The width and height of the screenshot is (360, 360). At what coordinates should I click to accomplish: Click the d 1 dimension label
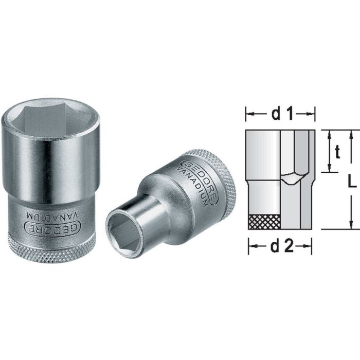(280, 114)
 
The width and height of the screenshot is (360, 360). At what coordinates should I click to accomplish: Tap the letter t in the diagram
(337, 152)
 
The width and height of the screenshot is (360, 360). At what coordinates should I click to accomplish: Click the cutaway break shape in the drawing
(292, 178)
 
